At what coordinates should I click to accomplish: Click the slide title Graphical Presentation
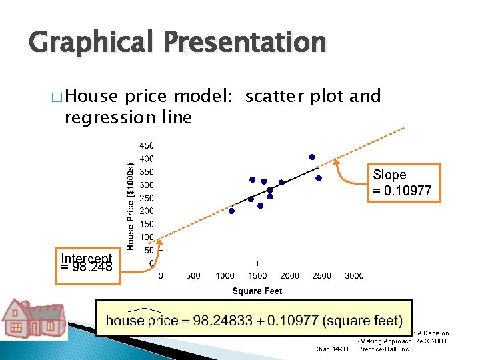tap(177, 43)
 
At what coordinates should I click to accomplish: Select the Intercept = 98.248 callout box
tap(87, 263)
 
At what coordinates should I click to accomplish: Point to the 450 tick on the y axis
tap(146, 145)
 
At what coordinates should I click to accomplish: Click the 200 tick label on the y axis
tap(146, 211)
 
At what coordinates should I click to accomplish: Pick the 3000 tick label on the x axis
tap(354, 275)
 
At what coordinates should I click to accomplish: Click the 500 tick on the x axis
tap(193, 275)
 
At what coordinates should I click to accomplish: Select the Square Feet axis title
tap(257, 291)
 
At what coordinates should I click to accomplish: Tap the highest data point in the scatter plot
tap(311, 157)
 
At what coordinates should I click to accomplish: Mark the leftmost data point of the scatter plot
tap(231, 211)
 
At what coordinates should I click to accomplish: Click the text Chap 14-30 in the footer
tap(330, 349)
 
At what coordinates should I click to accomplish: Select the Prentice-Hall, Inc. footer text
tap(385, 349)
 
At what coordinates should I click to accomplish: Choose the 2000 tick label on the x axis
tap(289, 275)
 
